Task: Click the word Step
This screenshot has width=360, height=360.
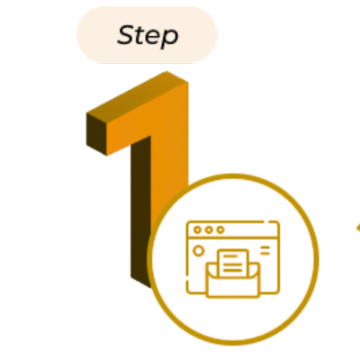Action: click(148, 36)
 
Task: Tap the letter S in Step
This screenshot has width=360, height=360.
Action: click(125, 35)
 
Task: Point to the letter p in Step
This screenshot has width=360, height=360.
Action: click(170, 39)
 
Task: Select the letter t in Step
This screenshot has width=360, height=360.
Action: click(139, 35)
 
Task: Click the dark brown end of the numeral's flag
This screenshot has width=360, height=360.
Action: click(96, 134)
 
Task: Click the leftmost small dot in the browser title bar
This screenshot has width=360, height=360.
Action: click(197, 230)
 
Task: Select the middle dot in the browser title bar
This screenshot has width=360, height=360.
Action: click(209, 230)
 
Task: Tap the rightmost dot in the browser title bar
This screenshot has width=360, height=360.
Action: click(220, 230)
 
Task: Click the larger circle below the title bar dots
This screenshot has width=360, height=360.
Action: click(198, 251)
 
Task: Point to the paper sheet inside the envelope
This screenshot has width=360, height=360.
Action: click(233, 264)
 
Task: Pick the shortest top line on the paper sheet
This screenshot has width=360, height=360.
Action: click(230, 256)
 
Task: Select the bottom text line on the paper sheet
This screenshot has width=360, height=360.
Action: click(233, 270)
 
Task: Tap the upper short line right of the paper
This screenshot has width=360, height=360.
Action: click(265, 247)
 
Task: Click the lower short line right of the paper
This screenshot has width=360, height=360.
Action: click(265, 254)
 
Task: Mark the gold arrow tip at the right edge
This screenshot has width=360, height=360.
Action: click(358, 228)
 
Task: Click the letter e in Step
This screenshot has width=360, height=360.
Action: click(152, 38)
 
